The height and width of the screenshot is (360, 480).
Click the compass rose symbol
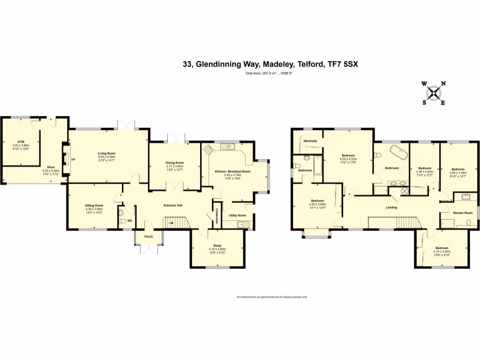tap(434, 93)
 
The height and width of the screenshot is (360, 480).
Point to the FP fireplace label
tap(73, 159)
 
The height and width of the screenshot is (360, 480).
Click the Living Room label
tap(106, 153)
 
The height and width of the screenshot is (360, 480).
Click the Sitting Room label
tap(94, 205)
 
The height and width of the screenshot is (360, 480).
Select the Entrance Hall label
tap(172, 206)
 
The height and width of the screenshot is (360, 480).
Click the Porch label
tap(149, 236)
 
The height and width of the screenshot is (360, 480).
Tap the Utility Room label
tap(237, 215)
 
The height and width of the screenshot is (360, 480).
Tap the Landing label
tap(391, 207)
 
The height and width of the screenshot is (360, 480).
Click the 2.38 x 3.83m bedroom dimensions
tap(424, 172)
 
